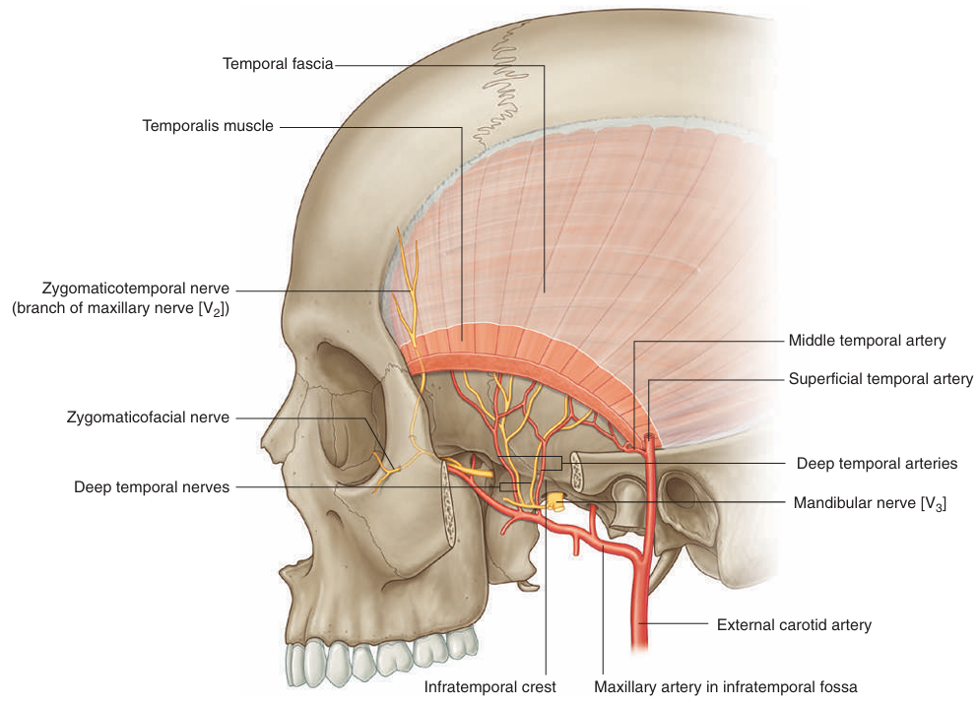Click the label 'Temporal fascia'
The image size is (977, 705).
278,64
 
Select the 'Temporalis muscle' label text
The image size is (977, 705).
208,126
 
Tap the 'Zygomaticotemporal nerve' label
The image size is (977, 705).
136,288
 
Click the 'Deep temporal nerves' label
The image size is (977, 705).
152,487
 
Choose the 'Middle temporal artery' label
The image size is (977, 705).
867,341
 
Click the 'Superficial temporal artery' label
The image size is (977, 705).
880,378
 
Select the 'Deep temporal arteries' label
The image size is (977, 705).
875,462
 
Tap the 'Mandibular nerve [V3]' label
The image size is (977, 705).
870,503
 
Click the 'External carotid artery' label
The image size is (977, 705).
794,624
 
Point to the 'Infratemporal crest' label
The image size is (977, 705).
490,686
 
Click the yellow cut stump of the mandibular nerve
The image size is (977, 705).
555,502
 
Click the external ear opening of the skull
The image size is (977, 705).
679,492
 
